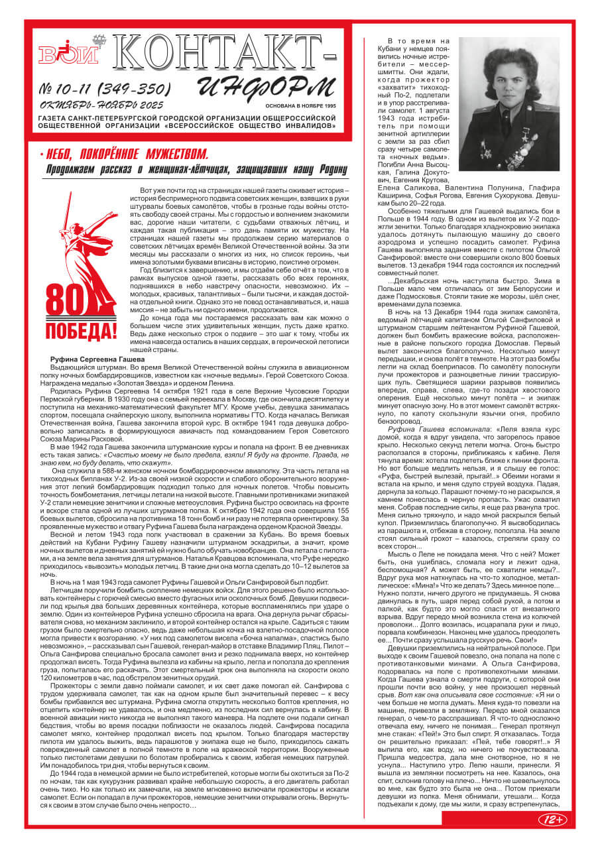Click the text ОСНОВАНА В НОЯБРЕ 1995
(300, 105)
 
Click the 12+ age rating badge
(552, 819)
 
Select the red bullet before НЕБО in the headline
(41, 155)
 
